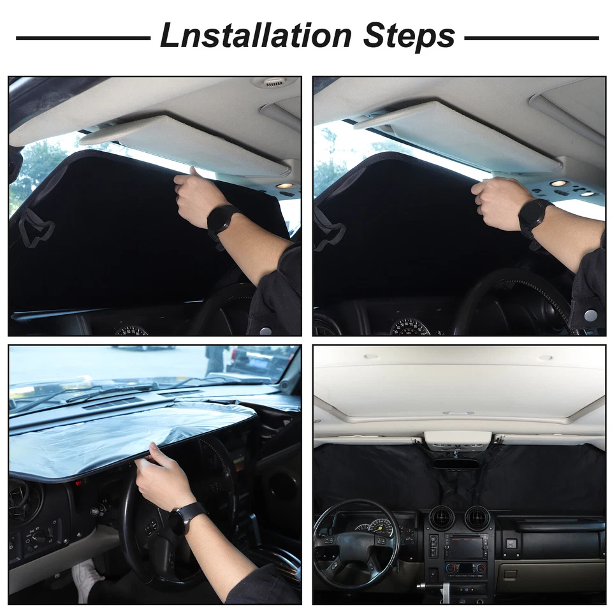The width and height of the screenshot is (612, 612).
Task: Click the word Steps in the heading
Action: point(409,36)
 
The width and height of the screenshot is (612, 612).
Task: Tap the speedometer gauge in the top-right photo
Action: point(409,326)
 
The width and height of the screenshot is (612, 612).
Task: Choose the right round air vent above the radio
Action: point(476,518)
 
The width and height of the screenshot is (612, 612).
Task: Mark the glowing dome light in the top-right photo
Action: point(558,184)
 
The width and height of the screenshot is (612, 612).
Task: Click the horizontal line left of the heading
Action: point(83,38)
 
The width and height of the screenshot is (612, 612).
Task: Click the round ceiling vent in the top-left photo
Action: point(272,83)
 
